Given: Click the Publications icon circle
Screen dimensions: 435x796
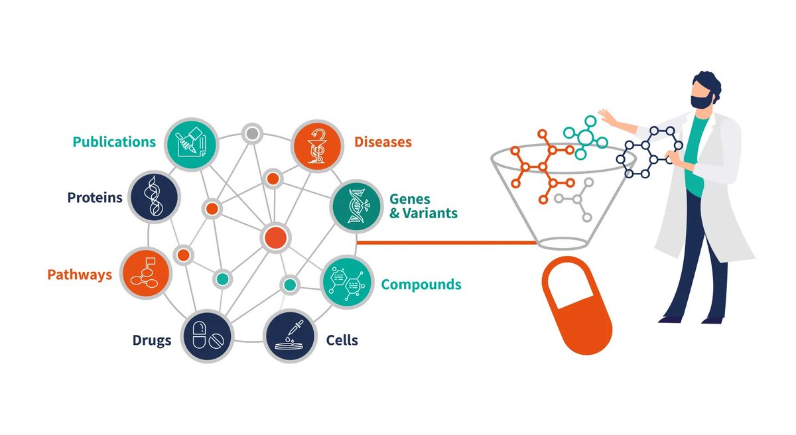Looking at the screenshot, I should coord(189,142).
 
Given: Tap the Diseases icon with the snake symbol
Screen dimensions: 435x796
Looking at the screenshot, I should coord(317,143).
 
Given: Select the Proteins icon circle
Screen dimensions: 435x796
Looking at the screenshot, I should coord(155,196).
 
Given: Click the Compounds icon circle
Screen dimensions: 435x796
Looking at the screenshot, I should coord(346,284).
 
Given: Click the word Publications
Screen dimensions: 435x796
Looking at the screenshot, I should coord(114,143).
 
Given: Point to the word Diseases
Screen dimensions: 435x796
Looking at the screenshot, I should coord(383,143).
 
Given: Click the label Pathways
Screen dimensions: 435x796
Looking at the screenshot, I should coord(80,275).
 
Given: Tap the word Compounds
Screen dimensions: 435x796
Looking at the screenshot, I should coord(421,285).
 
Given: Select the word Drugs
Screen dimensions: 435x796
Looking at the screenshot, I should coord(151,341).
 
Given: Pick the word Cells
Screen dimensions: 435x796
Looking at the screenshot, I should coord(342,341).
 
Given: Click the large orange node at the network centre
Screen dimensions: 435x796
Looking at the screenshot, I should coord(275,237).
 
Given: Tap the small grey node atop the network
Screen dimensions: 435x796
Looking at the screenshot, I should coord(251,134).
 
